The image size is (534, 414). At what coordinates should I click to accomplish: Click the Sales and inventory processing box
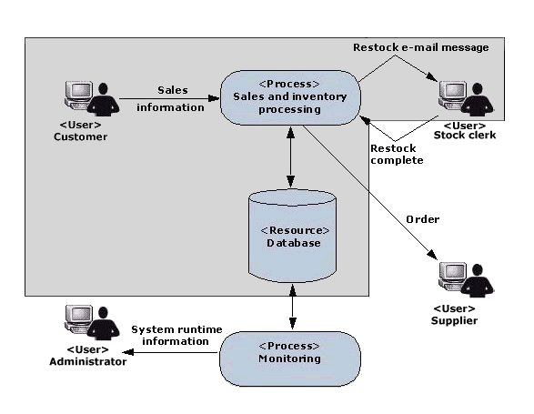pyautogui.click(x=290, y=97)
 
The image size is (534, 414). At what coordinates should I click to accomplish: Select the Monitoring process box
pyautogui.click(x=290, y=358)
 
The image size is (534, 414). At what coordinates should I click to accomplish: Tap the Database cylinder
pyautogui.click(x=293, y=237)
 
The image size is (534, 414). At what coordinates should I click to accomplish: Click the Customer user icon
pyautogui.click(x=92, y=98)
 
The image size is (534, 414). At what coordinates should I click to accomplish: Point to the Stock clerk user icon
pyautogui.click(x=466, y=99)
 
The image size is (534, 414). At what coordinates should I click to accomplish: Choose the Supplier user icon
pyautogui.click(x=466, y=279)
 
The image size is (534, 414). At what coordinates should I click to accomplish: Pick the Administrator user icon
pyautogui.click(x=92, y=322)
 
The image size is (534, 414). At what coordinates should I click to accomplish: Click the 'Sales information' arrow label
pyautogui.click(x=171, y=99)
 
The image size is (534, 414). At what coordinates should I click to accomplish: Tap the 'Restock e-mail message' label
pyautogui.click(x=421, y=47)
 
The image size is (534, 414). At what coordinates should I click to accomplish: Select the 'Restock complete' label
pyautogui.click(x=397, y=155)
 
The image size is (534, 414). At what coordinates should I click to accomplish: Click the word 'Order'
pyautogui.click(x=423, y=219)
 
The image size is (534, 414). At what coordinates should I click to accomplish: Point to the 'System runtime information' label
pyautogui.click(x=176, y=335)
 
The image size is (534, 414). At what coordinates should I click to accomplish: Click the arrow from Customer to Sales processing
pyautogui.click(x=169, y=99)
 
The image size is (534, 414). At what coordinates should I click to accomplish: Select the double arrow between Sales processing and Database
pyautogui.click(x=290, y=157)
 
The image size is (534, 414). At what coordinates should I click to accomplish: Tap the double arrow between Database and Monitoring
pyautogui.click(x=293, y=307)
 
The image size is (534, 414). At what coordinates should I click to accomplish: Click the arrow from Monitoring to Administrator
pyautogui.click(x=170, y=352)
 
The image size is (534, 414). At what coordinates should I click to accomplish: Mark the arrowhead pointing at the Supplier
pyautogui.click(x=432, y=255)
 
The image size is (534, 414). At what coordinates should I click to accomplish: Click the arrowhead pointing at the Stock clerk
pyautogui.click(x=431, y=76)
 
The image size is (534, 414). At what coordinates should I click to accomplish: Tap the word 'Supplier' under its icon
pyautogui.click(x=454, y=320)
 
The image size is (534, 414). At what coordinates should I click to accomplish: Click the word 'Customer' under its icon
pyautogui.click(x=80, y=136)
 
